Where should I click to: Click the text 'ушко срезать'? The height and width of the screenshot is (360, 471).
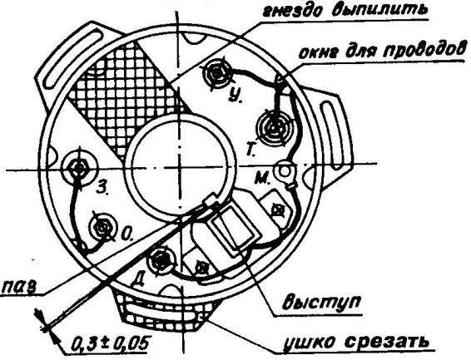pos(355,341)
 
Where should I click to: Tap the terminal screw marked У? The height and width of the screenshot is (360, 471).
pos(216,73)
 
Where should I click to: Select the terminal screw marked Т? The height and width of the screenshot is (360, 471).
pos(273,127)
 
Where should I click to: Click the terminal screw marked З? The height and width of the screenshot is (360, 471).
pos(79,167)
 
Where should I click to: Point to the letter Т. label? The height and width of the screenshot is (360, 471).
pos(250,150)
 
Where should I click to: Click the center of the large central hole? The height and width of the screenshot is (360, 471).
pos(179,167)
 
